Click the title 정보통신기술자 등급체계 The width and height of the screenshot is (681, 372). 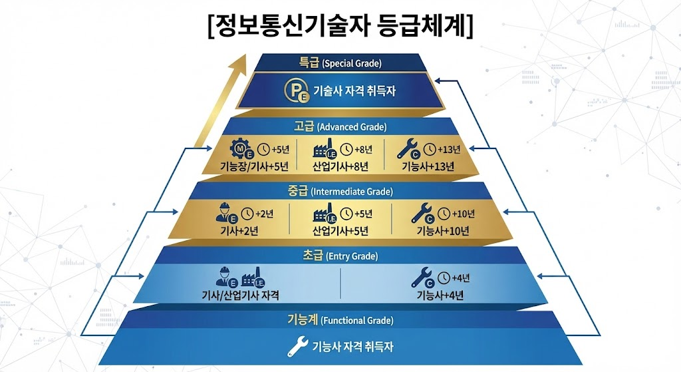point(340,27)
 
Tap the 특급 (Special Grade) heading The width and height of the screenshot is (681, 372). point(340,64)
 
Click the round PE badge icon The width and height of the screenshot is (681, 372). point(295,91)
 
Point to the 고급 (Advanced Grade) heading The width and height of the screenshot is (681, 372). point(340,126)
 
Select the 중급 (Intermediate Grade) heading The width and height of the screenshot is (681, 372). point(340,192)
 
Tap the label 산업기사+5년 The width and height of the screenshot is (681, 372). point(340,231)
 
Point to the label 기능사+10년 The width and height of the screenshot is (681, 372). point(442,231)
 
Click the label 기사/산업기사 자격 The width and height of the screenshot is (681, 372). point(240,295)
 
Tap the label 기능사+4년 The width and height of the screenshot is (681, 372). point(440,295)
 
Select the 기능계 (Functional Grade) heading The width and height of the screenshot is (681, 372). point(340,320)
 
